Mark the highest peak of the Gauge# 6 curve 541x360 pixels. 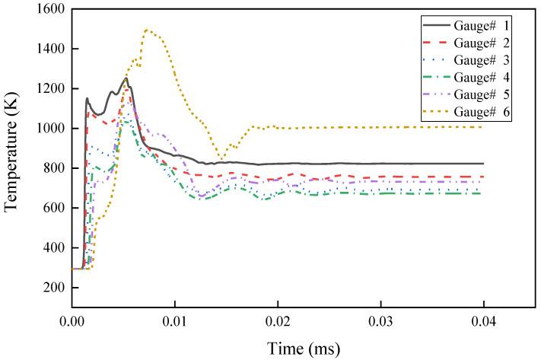pos(146,30)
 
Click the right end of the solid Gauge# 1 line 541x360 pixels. pos(483,164)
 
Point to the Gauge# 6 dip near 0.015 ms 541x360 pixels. pos(221,159)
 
